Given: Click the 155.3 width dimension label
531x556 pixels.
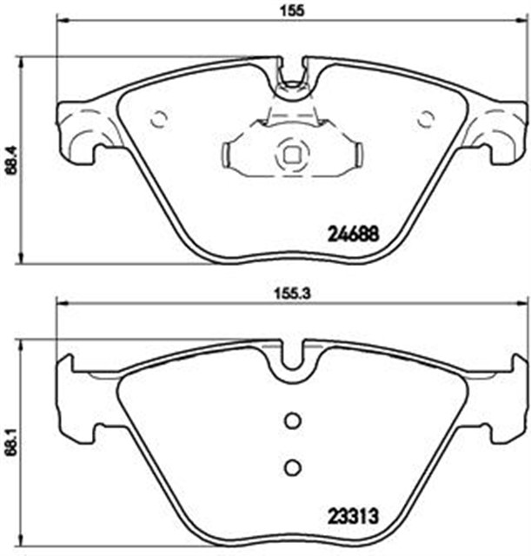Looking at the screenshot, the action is tap(292, 294).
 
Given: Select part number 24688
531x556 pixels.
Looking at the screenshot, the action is tap(354, 234).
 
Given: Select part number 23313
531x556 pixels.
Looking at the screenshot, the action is tap(353, 517).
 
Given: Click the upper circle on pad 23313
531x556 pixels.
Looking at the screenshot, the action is tap(293, 420).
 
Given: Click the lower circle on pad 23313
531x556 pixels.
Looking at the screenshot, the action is tap(293, 467).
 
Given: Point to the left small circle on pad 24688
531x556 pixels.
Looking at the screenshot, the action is tap(158, 119).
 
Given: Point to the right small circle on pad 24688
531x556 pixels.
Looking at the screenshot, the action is tap(426, 119).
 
